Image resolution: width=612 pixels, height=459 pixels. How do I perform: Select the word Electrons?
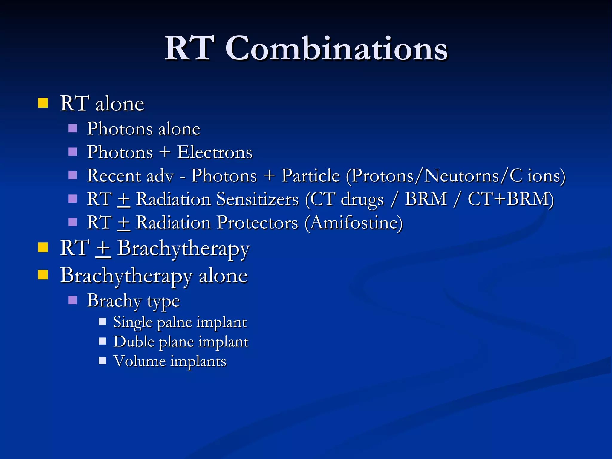[x=215, y=152]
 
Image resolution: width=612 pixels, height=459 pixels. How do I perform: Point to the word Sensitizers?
[x=257, y=199]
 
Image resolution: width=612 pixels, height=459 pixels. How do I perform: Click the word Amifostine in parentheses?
[x=354, y=223]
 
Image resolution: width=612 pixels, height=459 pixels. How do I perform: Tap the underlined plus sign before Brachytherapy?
[x=103, y=249]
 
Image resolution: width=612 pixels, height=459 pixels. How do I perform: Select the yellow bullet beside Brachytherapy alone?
[x=43, y=274]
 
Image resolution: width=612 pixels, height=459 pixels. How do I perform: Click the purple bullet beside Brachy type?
[x=73, y=300]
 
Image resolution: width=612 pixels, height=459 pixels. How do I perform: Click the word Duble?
[x=134, y=342]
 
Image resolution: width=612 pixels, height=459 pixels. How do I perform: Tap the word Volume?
[x=140, y=361]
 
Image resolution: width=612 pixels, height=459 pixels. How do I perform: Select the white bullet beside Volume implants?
[x=102, y=361]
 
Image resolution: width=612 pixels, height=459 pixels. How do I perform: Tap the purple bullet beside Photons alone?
[x=73, y=128]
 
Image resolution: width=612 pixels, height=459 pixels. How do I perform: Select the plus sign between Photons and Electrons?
[x=165, y=152]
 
